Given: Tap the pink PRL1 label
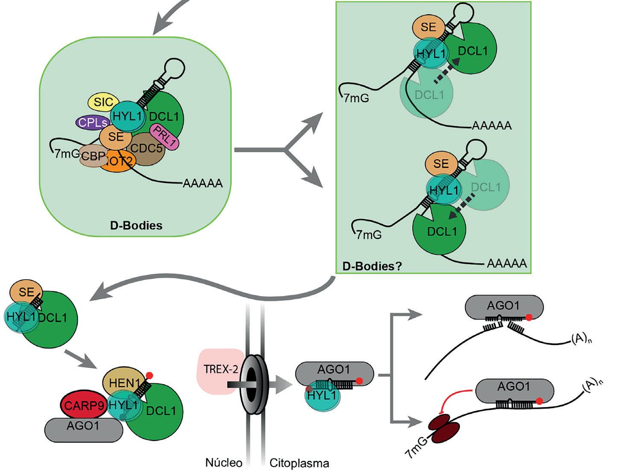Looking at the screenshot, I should (164, 137).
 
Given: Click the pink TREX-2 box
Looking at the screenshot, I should (218, 370).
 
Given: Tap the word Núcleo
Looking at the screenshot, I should (224, 463).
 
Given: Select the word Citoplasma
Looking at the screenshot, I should (299, 463).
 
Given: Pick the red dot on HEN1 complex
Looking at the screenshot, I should (149, 376).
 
